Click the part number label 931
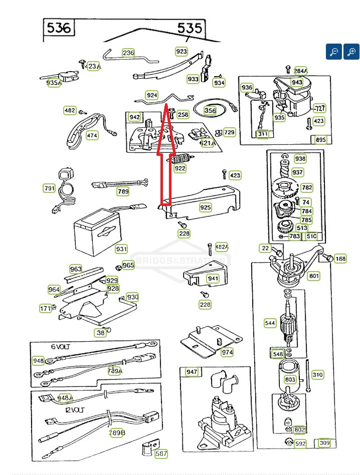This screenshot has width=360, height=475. [x=121, y=249]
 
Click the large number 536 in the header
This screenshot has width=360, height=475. [x=58, y=28]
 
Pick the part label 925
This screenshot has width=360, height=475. [x=206, y=207]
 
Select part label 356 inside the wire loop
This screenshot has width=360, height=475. [x=210, y=111]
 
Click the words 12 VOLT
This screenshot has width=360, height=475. [x=74, y=409]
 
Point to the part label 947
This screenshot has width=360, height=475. [x=192, y=372]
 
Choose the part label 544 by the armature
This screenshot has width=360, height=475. [x=270, y=323]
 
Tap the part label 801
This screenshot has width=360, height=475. [x=314, y=276]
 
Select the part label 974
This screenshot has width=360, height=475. [x=227, y=352]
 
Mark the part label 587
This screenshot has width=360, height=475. [x=161, y=454]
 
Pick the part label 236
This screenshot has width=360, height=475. [x=128, y=53]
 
